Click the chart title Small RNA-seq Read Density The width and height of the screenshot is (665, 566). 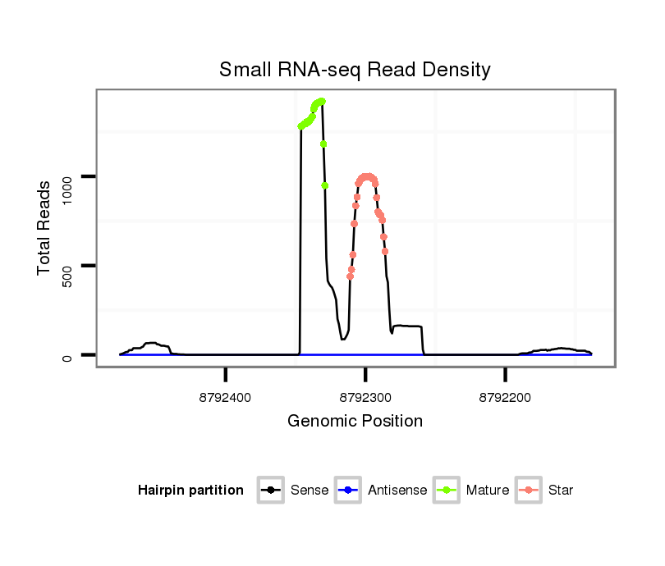click(x=355, y=70)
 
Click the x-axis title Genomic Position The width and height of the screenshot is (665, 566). click(x=355, y=422)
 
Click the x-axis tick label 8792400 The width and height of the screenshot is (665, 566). click(x=226, y=398)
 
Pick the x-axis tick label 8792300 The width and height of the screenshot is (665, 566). click(x=366, y=398)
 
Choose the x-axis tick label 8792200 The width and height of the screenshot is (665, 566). click(x=506, y=398)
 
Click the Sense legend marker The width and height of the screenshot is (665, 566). click(x=270, y=491)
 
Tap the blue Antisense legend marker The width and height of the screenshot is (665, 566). click(x=347, y=491)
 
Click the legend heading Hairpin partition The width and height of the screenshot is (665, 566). click(x=190, y=491)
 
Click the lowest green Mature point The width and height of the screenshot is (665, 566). click(x=324, y=185)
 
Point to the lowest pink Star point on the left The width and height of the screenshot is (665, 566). click(x=350, y=276)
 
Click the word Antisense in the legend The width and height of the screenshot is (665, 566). click(x=397, y=491)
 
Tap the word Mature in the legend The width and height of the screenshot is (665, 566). click(x=488, y=491)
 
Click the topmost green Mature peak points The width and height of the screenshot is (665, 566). click(x=321, y=102)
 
